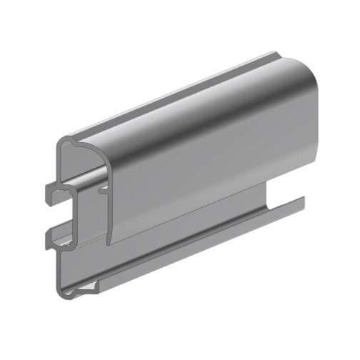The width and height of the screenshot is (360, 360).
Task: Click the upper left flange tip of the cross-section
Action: pyautogui.click(x=46, y=190)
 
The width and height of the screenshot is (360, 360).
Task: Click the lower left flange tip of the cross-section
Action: pyautogui.click(x=47, y=235)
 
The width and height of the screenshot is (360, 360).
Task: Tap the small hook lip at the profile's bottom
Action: pyautogui.click(x=95, y=286)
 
